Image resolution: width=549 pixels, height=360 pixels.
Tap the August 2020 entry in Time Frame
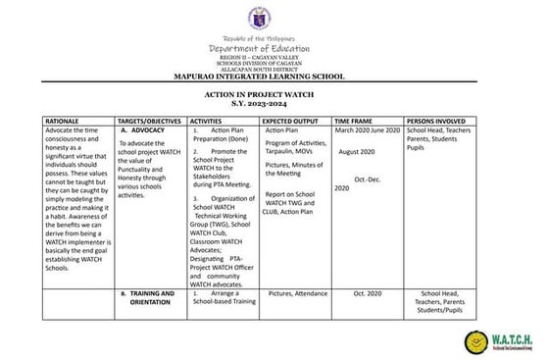(357, 152)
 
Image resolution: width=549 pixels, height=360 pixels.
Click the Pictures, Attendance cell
(297, 292)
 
